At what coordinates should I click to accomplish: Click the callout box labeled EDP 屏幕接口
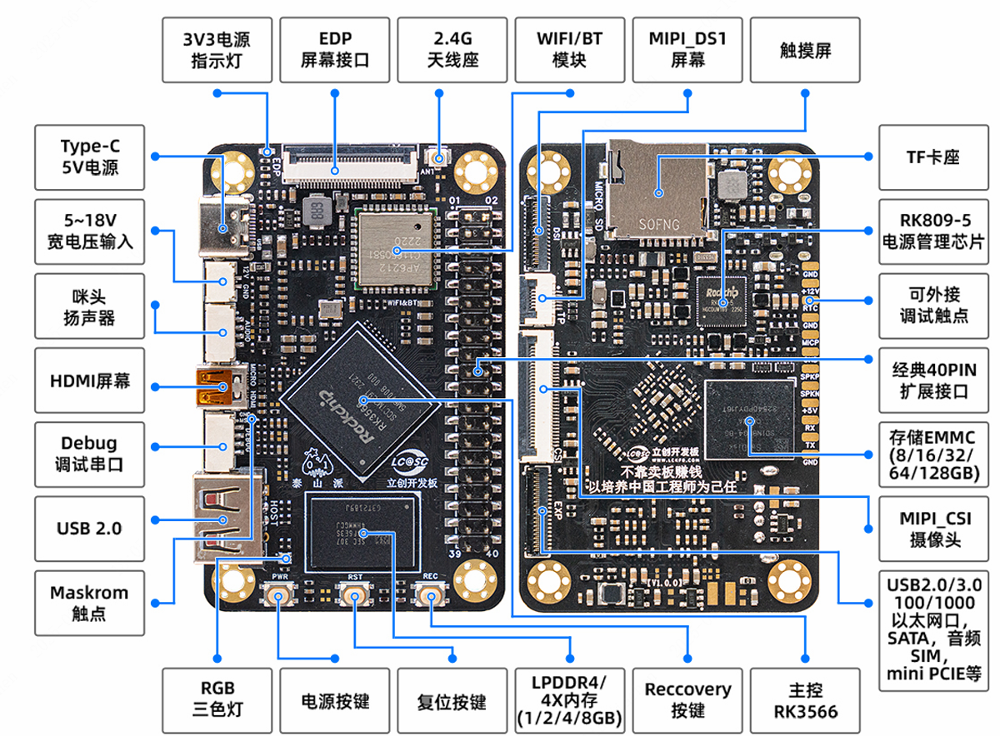[334, 50]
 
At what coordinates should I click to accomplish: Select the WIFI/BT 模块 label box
[569, 50]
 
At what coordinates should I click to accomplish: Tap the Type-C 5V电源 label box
[89, 157]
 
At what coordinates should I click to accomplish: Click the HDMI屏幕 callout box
[89, 382]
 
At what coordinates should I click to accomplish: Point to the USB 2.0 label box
[89, 528]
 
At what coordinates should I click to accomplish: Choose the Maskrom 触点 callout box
[89, 603]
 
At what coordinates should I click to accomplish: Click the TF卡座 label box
[932, 157]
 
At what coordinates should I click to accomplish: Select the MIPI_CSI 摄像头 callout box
[932, 529]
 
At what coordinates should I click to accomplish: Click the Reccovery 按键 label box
[687, 700]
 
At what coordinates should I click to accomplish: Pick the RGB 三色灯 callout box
[217, 700]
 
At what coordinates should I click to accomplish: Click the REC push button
[429, 596]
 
